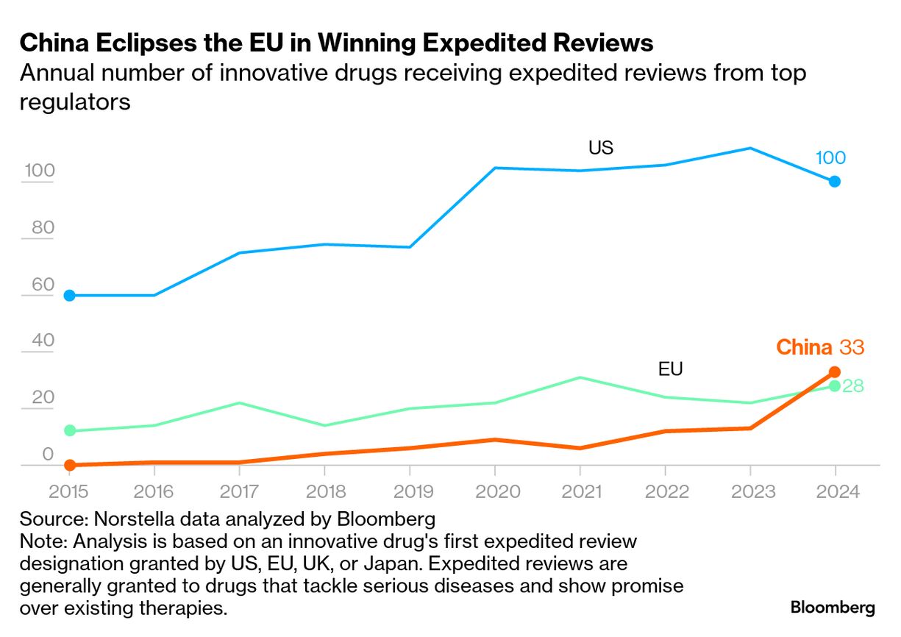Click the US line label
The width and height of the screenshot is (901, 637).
pos(600,148)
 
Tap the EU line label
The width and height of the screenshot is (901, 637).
pos(670,369)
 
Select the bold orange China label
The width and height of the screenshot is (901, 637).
pos(804,347)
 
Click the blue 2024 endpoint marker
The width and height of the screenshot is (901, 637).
pos(835,182)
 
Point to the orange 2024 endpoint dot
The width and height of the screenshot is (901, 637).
pos(835,372)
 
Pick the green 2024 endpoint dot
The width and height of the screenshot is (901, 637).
pos(835,385)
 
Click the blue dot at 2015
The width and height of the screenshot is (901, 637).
pos(70,296)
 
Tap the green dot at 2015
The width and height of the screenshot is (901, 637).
pos(70,430)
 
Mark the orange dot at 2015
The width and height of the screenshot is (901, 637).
pos(70,465)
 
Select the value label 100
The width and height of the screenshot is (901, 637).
pos(830,157)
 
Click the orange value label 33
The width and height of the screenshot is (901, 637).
pos(852,347)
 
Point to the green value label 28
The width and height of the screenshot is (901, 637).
pos(853,386)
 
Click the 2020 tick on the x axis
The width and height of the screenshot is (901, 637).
pos(494,491)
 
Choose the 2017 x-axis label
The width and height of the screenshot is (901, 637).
pos(240,491)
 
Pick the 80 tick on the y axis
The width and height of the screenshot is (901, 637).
pos(43,228)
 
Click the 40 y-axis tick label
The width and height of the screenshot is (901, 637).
pos(43,341)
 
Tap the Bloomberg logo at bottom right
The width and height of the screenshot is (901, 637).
pos(833,608)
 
